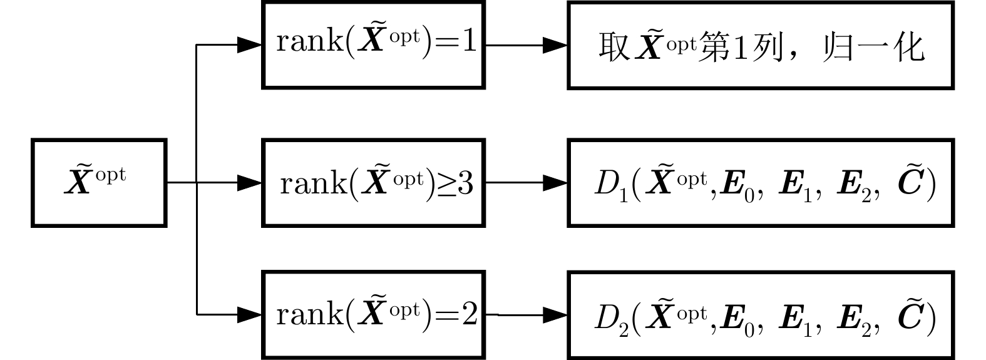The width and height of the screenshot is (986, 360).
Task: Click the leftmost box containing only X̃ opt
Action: pyautogui.click(x=99, y=182)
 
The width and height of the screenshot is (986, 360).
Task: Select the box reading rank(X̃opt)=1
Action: pyautogui.click(x=373, y=45)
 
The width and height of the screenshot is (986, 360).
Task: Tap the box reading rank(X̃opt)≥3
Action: pyautogui.click(x=373, y=182)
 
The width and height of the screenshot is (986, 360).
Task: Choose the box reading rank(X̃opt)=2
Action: pyautogui.click(x=373, y=314)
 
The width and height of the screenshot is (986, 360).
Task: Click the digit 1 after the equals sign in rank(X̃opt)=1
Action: pyautogui.click(x=469, y=43)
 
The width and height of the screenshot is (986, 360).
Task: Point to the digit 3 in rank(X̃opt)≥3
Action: pyautogui.click(x=466, y=183)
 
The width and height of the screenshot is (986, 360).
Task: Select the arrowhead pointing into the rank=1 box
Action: pyautogui.click(x=249, y=45)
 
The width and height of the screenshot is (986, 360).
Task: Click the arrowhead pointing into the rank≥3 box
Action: pyautogui.click(x=249, y=182)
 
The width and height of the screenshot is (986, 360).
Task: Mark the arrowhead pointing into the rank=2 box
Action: pyautogui.click(x=249, y=314)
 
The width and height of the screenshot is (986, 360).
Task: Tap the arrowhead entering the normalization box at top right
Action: pyautogui.click(x=555, y=45)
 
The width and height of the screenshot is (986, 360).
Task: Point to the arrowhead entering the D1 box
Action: pyautogui.click(x=555, y=182)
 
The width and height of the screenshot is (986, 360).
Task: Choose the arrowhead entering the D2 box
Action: pyautogui.click(x=555, y=314)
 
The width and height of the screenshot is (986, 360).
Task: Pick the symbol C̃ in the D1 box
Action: pyautogui.click(x=909, y=184)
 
